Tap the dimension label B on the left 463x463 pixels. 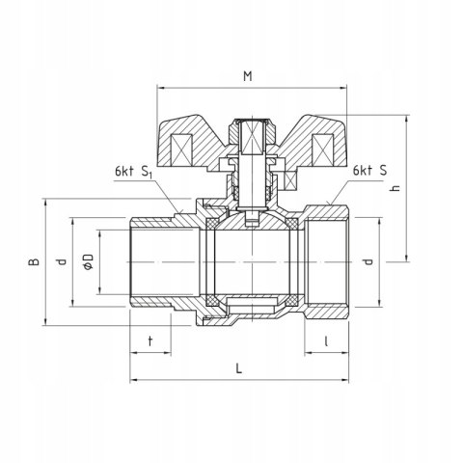(x=32, y=261)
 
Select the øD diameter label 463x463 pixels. (x=87, y=261)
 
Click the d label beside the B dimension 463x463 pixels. (x=59, y=261)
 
